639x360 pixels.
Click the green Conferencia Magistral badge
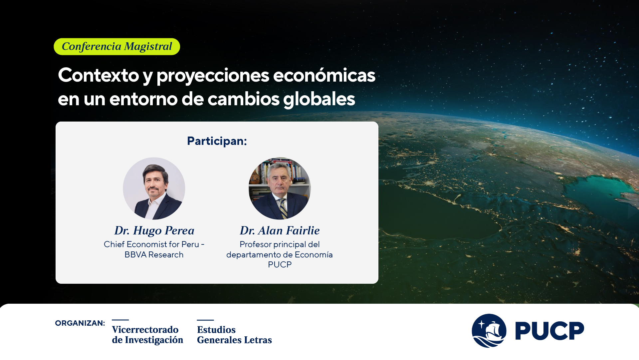tap(117, 47)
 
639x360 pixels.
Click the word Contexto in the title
tap(98, 75)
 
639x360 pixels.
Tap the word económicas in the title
tap(324, 75)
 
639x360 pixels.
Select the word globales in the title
tap(319, 99)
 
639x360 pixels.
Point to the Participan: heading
tap(217, 141)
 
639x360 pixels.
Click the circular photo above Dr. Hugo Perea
tap(154, 188)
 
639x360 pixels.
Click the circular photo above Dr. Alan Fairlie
tap(280, 188)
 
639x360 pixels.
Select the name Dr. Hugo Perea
tap(154, 230)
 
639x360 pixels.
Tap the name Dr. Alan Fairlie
tap(280, 230)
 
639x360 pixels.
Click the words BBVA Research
tap(154, 255)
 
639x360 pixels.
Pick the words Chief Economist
tap(136, 244)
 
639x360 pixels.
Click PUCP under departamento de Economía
tap(280, 265)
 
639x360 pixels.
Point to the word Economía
tap(314, 255)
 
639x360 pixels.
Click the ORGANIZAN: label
tap(80, 323)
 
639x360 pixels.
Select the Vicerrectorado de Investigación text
tap(147, 335)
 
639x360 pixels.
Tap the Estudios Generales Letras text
tap(234, 335)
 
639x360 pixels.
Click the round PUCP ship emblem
tap(489, 331)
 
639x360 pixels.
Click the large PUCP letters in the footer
tap(549, 331)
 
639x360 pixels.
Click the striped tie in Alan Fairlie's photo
tap(283, 208)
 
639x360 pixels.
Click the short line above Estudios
tap(205, 320)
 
